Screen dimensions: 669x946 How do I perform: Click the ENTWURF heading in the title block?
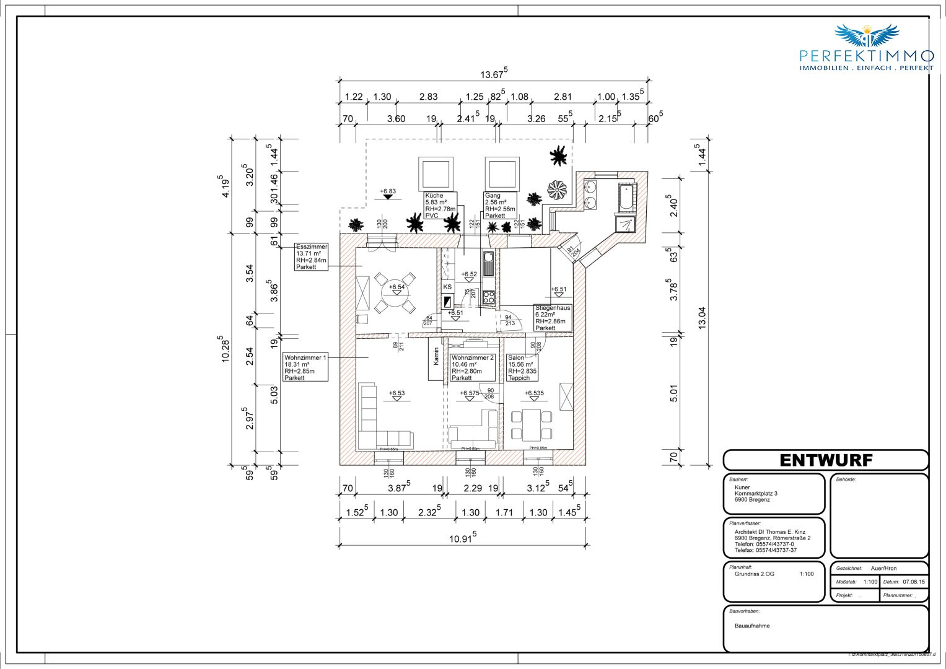pyautogui.click(x=825, y=460)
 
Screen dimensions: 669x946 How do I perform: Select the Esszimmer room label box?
pyautogui.click(x=312, y=256)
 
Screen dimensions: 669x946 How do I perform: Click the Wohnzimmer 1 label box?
pyautogui.click(x=305, y=367)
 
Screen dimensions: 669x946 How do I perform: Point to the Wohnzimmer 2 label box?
pyautogui.click(x=473, y=367)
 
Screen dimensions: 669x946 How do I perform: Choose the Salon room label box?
pyautogui.click(x=522, y=367)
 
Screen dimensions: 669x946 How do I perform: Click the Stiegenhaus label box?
pyautogui.click(x=553, y=318)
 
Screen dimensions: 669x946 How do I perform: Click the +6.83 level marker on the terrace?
pyautogui.click(x=388, y=191)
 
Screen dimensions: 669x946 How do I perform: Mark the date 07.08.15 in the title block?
pyautogui.click(x=913, y=582)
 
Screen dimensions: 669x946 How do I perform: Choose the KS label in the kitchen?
pyautogui.click(x=447, y=287)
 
